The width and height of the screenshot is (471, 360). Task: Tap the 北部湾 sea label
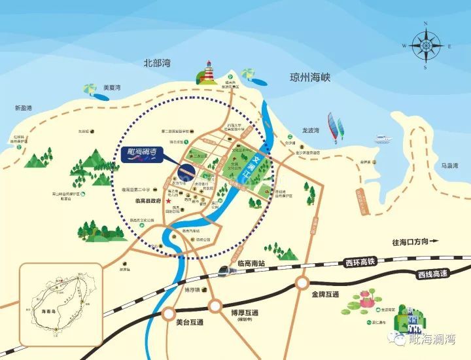pyautogui.click(x=157, y=63)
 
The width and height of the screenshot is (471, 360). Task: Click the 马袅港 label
pyautogui.click(x=451, y=166)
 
